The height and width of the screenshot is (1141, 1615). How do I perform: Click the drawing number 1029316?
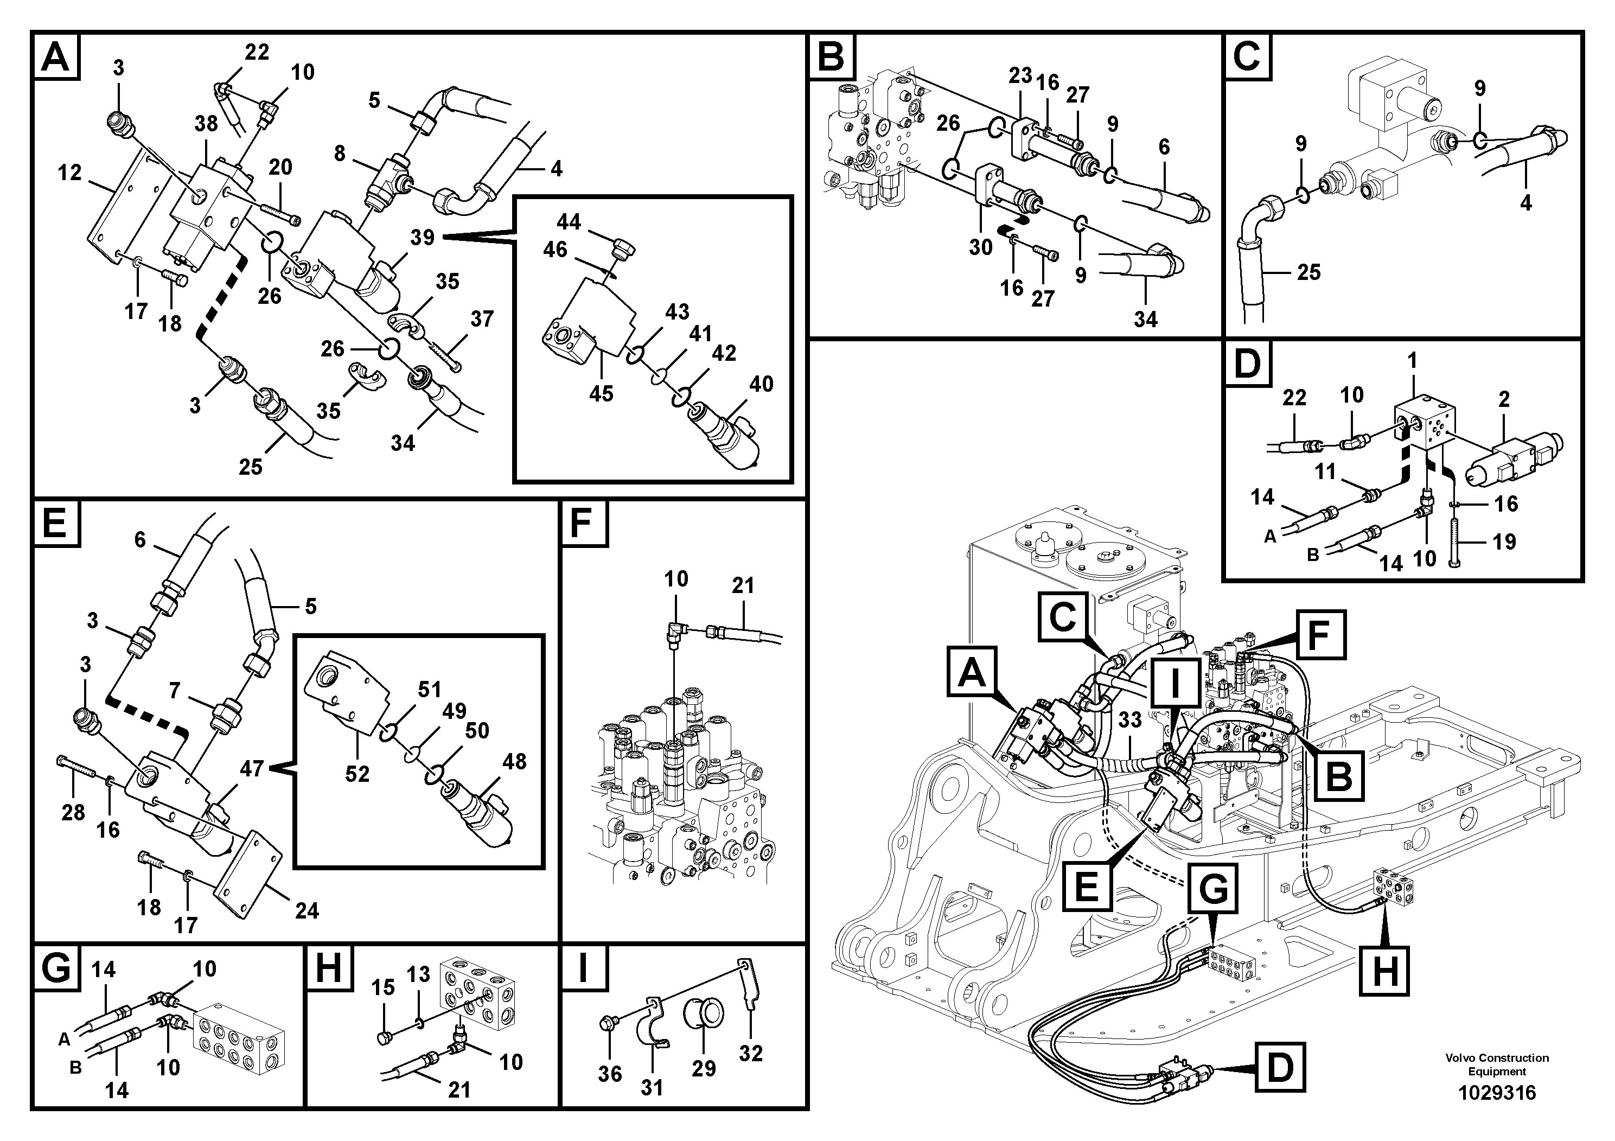pos(1497,1093)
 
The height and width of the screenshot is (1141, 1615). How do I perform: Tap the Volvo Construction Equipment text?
pos(1497,1064)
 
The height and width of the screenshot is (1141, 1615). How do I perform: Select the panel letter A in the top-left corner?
pos(55,56)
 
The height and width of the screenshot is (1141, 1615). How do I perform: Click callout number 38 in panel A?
pos(206,124)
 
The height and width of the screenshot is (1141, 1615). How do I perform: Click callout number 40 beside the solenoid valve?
pos(761,384)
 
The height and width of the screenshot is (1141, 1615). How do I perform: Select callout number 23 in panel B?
pos(1019,75)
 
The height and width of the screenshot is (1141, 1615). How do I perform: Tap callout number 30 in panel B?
pos(980,247)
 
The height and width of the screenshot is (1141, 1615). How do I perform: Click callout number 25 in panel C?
pos(1308,272)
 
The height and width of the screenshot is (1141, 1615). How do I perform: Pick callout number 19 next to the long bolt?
pos(1504,541)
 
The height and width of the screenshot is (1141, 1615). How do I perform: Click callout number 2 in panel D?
pos(1504,399)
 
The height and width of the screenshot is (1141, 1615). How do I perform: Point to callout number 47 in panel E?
pos(252,768)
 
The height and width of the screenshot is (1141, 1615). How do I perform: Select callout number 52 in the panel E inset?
pos(358,774)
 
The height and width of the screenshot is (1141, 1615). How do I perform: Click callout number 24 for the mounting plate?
pos(307,911)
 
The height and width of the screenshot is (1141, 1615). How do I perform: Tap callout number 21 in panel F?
pos(743,585)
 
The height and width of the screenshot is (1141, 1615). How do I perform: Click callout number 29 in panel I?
pos(704,1068)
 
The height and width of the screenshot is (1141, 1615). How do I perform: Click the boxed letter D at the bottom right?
pos(1280,1068)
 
